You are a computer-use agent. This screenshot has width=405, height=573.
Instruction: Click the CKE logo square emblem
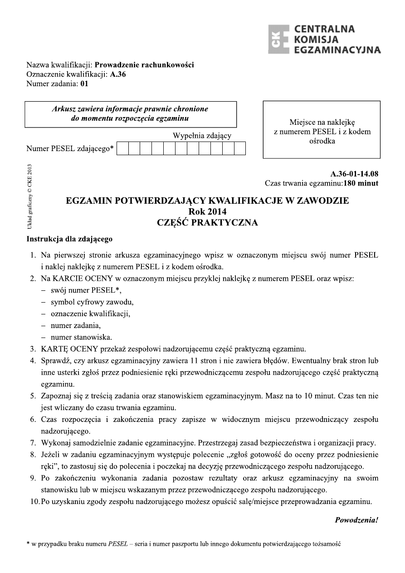pos(278,39)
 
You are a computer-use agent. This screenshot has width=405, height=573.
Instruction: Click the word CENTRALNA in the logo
pos(324,29)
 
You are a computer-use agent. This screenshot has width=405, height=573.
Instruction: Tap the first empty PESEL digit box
pos(123,148)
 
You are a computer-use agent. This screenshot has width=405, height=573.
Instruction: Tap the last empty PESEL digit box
pos(240,148)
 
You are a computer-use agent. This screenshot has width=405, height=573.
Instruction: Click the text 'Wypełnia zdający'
pos(202,136)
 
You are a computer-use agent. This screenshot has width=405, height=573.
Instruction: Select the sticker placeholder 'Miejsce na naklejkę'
pos(322,122)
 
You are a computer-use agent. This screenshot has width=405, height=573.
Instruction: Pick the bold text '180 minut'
pos(361,183)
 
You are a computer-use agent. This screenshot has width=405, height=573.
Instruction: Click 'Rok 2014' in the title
pos(207,211)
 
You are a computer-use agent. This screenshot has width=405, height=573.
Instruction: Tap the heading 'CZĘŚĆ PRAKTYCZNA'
pos(207,222)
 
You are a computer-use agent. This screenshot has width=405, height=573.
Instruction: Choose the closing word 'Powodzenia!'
pos(356,520)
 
